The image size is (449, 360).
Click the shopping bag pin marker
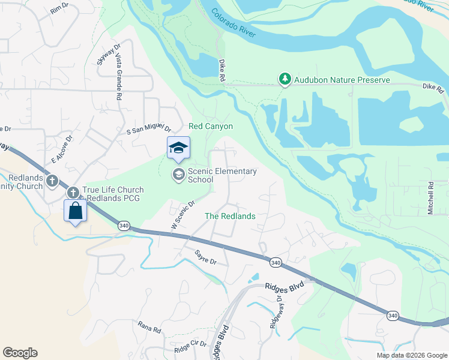coord(75,212)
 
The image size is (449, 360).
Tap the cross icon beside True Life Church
coord(73,193)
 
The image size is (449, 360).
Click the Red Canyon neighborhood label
coord(210,127)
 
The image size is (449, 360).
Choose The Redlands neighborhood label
coord(231,216)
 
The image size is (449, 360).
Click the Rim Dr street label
coord(60,8)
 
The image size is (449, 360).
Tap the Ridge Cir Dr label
coord(190,347)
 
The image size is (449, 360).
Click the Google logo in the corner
coord(20,353)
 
